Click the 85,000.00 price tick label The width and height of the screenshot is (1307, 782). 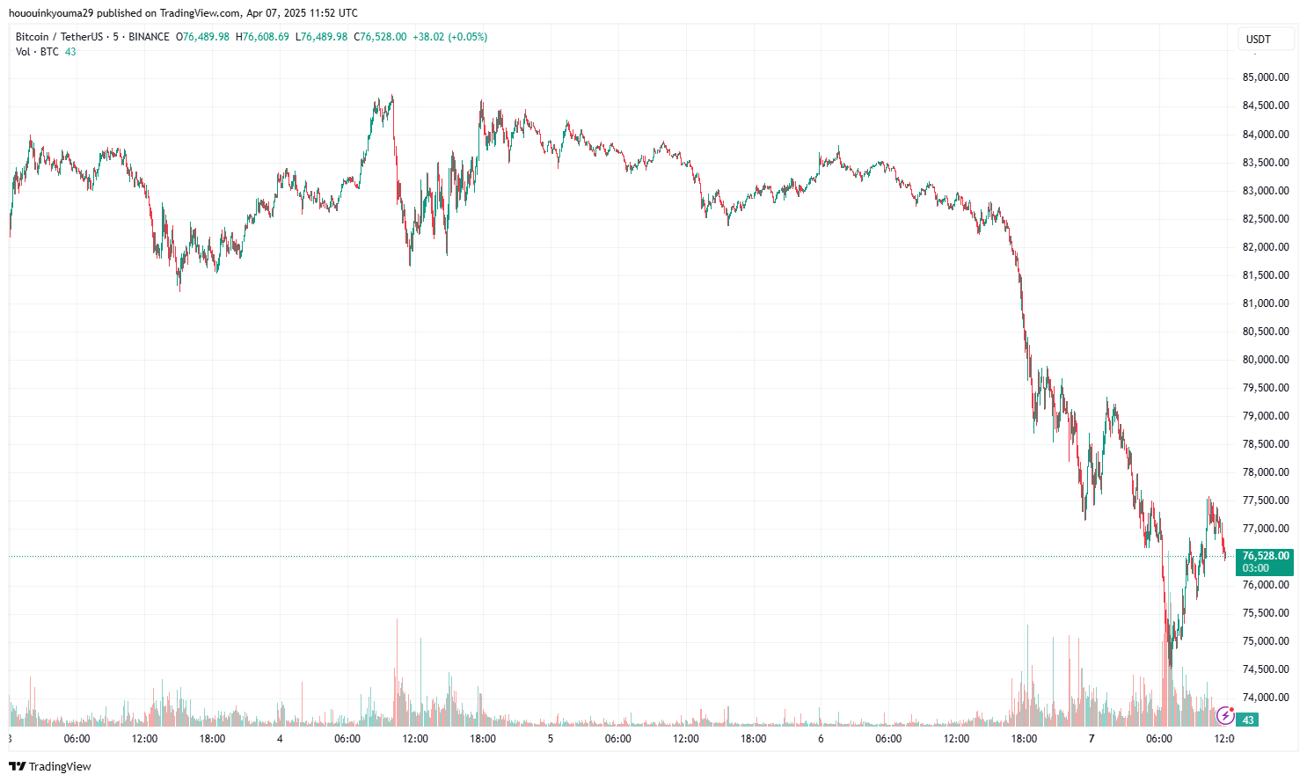(1265, 77)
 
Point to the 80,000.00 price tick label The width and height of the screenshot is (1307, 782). (1265, 360)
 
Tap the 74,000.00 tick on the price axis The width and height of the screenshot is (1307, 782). (1265, 698)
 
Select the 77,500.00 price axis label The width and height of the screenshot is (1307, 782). (1265, 501)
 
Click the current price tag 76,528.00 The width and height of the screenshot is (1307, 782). (1265, 556)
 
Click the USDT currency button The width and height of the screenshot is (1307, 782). (1259, 39)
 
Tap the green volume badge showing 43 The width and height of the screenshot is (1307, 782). (1247, 720)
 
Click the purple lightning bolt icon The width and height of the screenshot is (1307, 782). (1225, 715)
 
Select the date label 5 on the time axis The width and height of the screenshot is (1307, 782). (551, 739)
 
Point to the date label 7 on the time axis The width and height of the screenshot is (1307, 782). (1092, 739)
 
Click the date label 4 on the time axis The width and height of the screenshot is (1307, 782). (280, 739)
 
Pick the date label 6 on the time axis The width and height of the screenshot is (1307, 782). (821, 739)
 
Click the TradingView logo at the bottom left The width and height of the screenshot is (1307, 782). (50, 766)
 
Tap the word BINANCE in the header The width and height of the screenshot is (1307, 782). (149, 37)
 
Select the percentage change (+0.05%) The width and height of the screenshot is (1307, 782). (467, 37)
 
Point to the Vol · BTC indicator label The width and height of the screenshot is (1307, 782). (37, 52)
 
